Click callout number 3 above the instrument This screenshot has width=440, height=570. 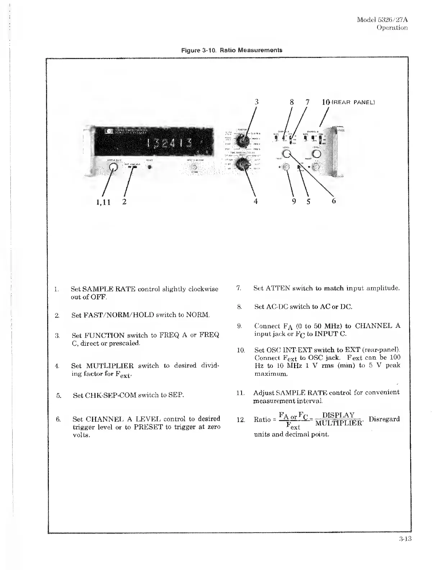(256, 102)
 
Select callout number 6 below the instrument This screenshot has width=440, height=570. (333, 201)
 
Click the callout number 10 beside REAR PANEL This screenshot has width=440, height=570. (326, 102)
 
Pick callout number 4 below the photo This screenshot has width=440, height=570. (256, 202)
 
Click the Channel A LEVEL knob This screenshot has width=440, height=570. (287, 154)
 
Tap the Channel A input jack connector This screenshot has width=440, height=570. (286, 168)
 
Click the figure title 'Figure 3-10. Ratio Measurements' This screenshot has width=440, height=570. (232, 50)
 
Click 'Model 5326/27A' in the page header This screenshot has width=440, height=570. (382, 19)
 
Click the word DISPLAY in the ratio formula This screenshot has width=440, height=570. (338, 415)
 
